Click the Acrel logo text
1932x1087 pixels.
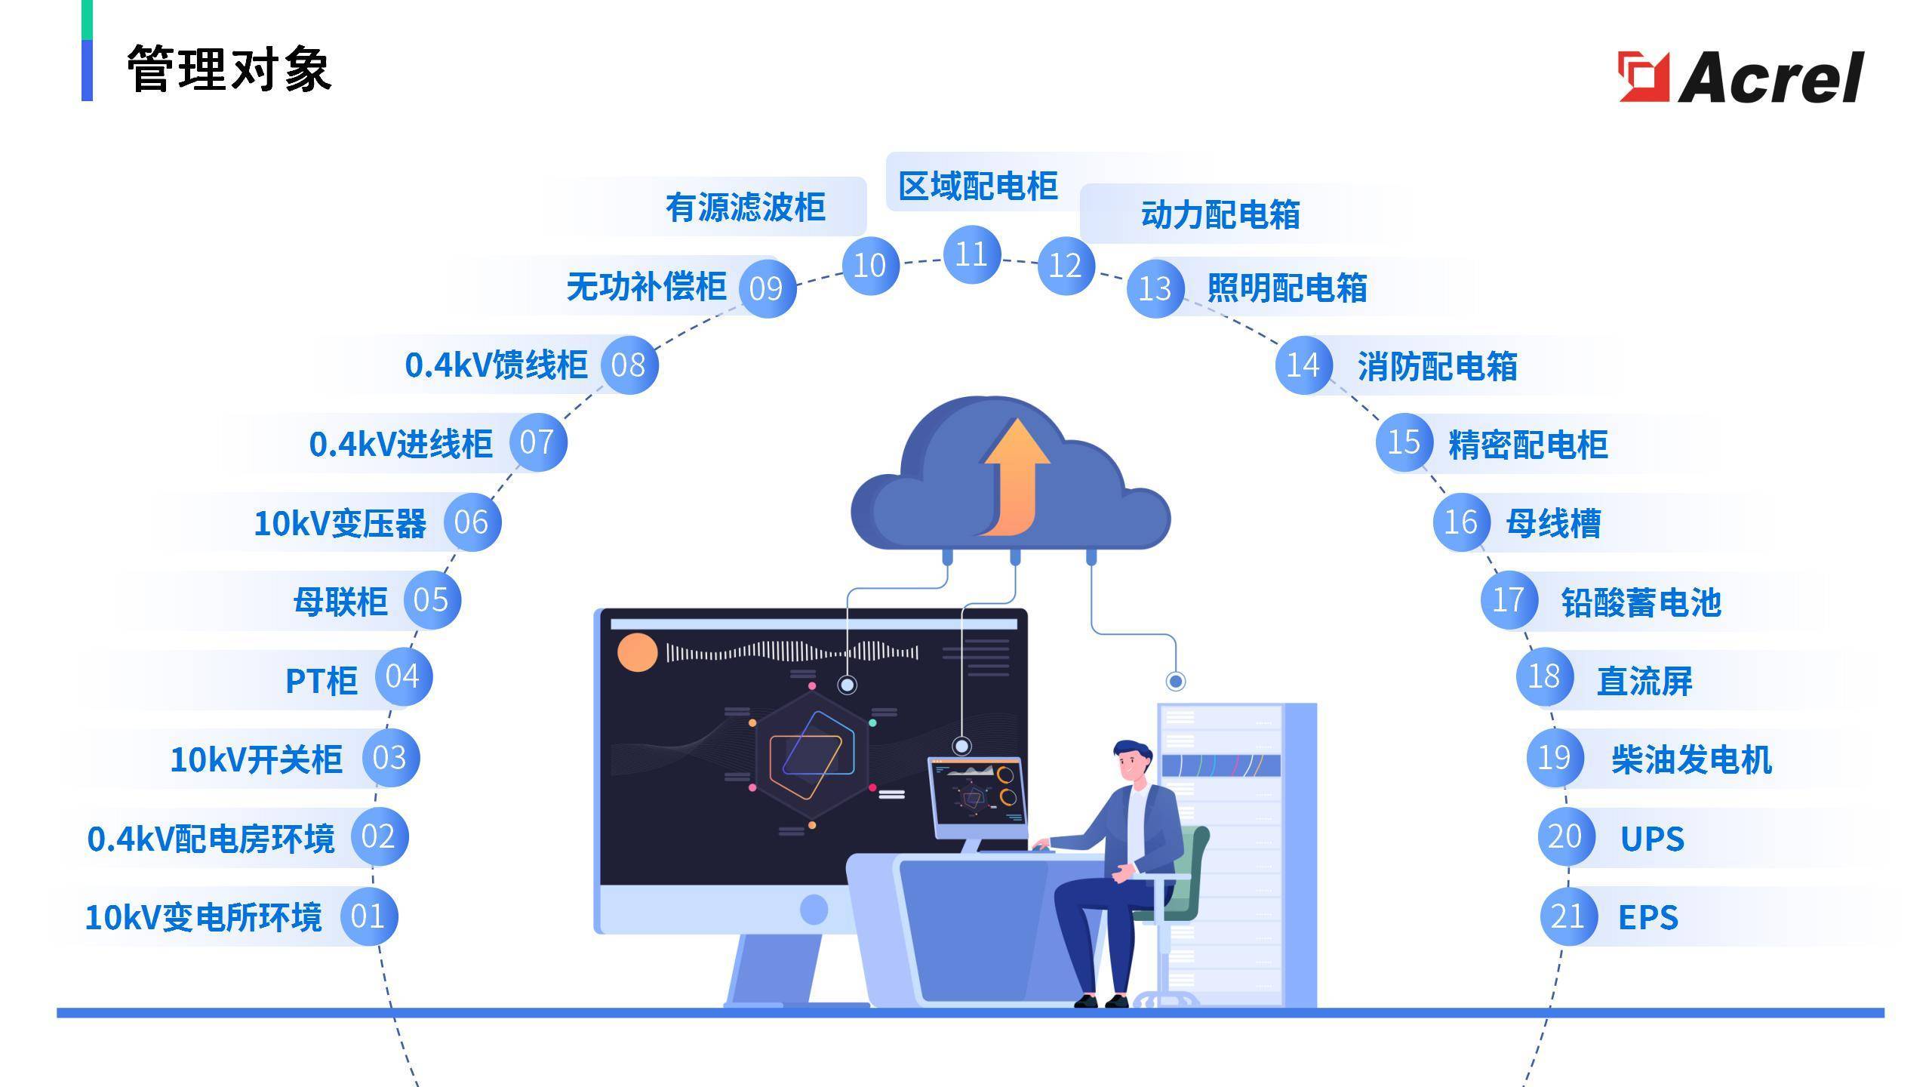(x=1770, y=78)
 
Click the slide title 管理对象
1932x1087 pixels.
(x=229, y=69)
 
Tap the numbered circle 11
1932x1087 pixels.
(x=971, y=254)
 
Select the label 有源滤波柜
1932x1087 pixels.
(x=745, y=208)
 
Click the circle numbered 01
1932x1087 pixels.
(x=368, y=916)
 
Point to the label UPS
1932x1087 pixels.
(x=1652, y=839)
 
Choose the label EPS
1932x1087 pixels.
(x=1648, y=918)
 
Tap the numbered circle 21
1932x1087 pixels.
(x=1567, y=916)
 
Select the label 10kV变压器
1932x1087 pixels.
(x=340, y=523)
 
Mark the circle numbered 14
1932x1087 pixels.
(x=1303, y=365)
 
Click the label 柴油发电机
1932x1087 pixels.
(x=1691, y=759)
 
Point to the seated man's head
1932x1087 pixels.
(x=1131, y=762)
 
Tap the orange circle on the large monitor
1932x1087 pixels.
(x=638, y=653)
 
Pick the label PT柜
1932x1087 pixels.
(x=321, y=681)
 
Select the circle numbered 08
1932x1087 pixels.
(x=629, y=365)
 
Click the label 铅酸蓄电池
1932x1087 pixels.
(x=1641, y=602)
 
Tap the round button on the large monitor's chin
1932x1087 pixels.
(x=814, y=909)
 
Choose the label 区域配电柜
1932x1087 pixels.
(x=977, y=186)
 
